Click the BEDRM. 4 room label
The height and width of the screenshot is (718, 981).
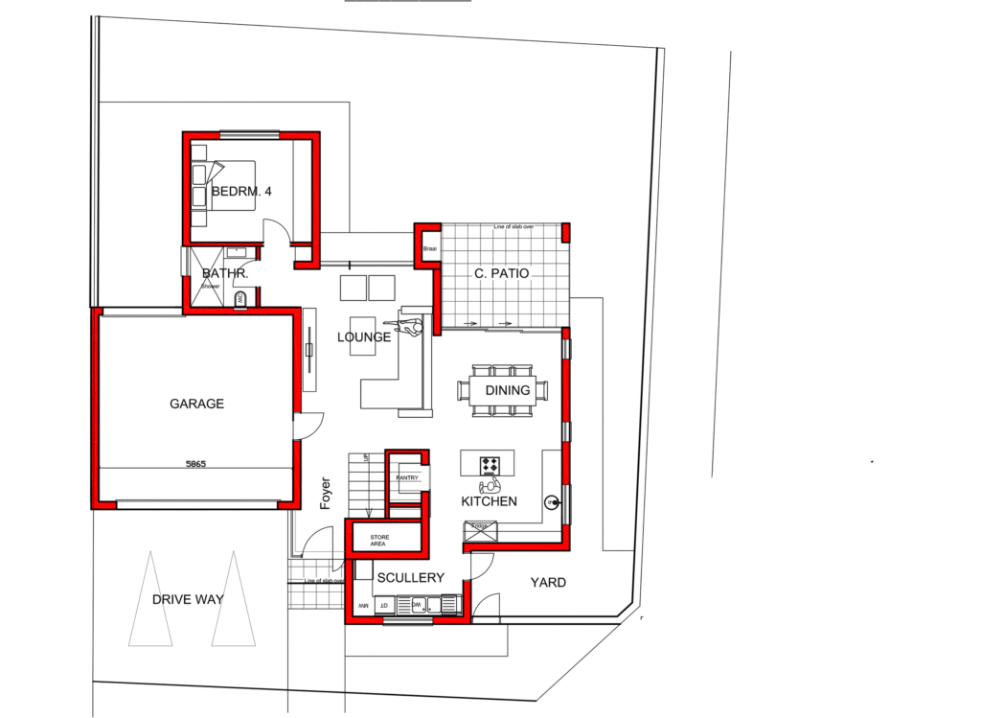pyautogui.click(x=241, y=192)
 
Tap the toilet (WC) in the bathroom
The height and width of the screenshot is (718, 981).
pyautogui.click(x=240, y=300)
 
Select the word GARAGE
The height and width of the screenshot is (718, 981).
pyautogui.click(x=196, y=404)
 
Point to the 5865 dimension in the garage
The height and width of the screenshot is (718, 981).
pyautogui.click(x=196, y=464)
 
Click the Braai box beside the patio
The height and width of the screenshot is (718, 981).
pyautogui.click(x=429, y=249)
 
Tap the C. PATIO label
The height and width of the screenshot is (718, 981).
pyautogui.click(x=502, y=274)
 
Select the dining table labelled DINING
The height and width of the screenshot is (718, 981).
pyautogui.click(x=508, y=390)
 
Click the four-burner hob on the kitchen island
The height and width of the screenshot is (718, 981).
pyautogui.click(x=490, y=465)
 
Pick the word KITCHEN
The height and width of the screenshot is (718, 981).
pyautogui.click(x=489, y=501)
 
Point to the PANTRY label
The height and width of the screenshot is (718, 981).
pyautogui.click(x=407, y=477)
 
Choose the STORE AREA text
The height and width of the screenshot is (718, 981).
pyautogui.click(x=378, y=541)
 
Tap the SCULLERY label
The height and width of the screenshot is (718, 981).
pyautogui.click(x=410, y=577)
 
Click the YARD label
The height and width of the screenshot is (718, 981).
pyautogui.click(x=548, y=582)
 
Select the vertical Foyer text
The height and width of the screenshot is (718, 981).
pyautogui.click(x=326, y=493)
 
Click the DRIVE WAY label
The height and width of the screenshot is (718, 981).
pyautogui.click(x=188, y=600)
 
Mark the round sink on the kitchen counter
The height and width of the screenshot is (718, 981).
pyautogui.click(x=552, y=501)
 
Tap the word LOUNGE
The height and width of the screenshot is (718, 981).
pyautogui.click(x=363, y=337)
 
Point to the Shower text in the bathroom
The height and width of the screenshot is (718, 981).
pyautogui.click(x=210, y=285)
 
